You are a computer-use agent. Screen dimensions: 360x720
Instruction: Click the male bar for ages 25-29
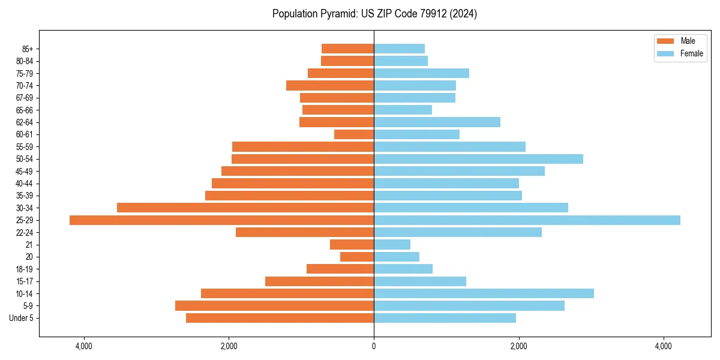point(222,220)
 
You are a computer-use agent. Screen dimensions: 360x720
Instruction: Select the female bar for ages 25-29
point(527,220)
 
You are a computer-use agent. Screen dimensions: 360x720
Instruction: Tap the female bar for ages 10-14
point(484,293)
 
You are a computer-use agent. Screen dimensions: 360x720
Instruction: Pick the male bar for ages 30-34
point(245,208)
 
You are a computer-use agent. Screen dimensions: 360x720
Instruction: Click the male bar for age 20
point(357,257)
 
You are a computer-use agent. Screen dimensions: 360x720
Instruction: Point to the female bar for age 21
point(392,244)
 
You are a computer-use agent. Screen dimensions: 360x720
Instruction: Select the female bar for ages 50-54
point(478,159)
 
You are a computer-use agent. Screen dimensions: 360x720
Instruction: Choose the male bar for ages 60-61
point(354,134)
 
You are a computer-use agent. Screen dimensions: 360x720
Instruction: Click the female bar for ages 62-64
point(437,122)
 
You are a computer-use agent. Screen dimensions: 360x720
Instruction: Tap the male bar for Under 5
point(280,318)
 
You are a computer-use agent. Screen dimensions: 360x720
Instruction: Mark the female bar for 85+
point(399,49)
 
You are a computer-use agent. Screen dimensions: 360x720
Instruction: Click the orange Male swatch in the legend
point(666,41)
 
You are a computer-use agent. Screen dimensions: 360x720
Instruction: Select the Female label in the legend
point(692,53)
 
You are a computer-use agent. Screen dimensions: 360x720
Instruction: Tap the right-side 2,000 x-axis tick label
point(518,346)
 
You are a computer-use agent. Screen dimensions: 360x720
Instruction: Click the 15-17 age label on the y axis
point(25,281)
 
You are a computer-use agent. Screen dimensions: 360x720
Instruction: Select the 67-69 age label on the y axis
point(25,98)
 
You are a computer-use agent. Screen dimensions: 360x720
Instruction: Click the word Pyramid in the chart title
point(337,14)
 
